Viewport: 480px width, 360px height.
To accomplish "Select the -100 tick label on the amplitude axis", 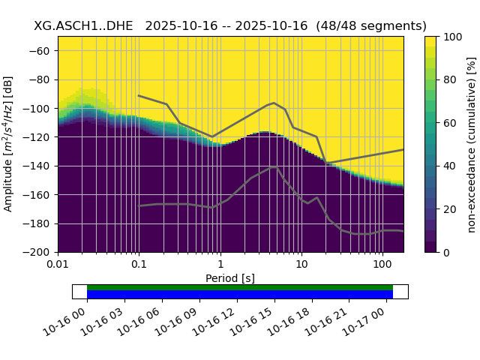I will tap(38, 109).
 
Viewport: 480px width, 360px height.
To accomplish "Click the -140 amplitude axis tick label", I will tap(38, 166).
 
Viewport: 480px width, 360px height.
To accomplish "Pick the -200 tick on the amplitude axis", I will tap(38, 252).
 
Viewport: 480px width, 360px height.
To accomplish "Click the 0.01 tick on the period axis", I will tap(58, 265).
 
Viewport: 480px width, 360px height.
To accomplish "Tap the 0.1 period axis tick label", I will tap(139, 265).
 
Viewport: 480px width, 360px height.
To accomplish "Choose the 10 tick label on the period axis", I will tap(301, 265).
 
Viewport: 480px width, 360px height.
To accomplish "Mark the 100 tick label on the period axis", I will tap(382, 265).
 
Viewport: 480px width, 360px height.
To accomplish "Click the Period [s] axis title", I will tap(230, 278).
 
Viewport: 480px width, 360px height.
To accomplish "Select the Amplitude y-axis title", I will tap(9, 144).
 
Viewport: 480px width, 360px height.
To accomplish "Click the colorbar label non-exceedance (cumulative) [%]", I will tap(472, 144).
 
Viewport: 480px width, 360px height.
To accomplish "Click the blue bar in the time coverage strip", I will tap(240, 295).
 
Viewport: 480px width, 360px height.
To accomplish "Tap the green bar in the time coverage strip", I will tap(240, 287).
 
